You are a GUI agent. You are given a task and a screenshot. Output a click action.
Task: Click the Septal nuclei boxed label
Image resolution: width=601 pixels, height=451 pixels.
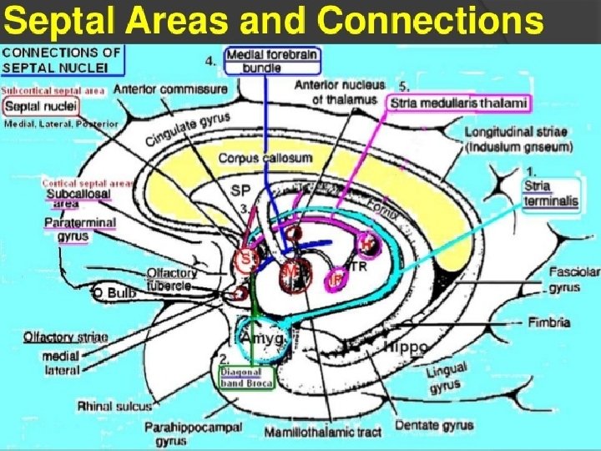tap(40, 106)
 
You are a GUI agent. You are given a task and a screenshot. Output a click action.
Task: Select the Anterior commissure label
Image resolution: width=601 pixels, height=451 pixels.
tap(169, 89)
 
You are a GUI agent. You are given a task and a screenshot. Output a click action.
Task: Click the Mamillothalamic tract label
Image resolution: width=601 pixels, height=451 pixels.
tap(322, 433)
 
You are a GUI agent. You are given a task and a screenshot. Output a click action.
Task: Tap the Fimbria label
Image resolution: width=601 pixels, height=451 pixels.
tap(548, 322)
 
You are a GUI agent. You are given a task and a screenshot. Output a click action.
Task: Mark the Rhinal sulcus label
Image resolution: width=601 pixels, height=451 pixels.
tap(115, 407)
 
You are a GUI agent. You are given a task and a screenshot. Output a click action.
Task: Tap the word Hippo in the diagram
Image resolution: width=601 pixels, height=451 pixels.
tap(407, 346)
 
